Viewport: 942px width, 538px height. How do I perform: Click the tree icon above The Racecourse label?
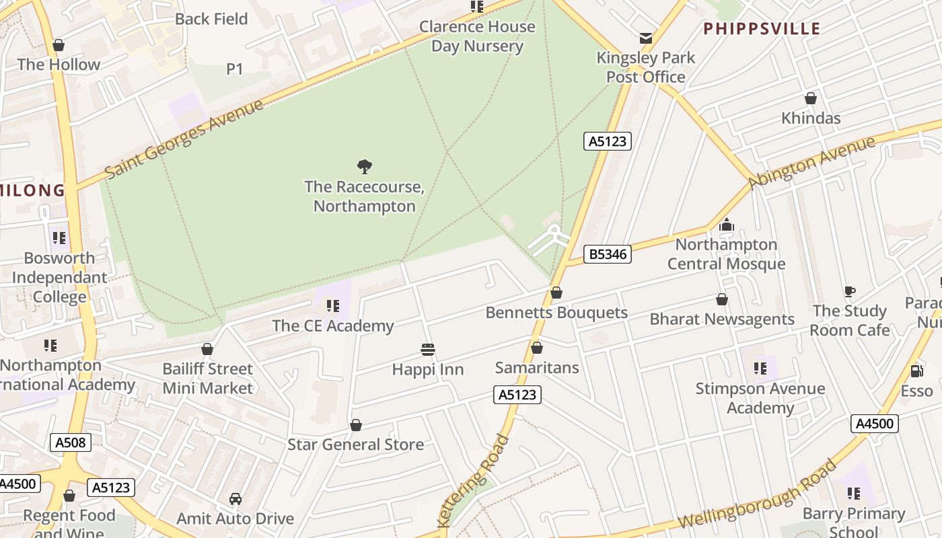(x=365, y=166)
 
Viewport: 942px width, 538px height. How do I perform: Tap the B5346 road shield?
(x=607, y=254)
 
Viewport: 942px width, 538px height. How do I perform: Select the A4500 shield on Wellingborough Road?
(x=875, y=424)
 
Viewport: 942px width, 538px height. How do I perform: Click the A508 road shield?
(x=70, y=442)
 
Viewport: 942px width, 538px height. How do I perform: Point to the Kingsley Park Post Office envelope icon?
(x=646, y=38)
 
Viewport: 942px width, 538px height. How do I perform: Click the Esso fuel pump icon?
(x=916, y=371)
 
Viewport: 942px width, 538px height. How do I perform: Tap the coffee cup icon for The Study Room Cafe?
(x=849, y=291)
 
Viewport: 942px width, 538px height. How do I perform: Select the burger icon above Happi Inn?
(x=427, y=349)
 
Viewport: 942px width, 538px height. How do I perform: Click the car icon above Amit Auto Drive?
(x=235, y=498)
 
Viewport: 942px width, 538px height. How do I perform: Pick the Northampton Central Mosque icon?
(x=726, y=225)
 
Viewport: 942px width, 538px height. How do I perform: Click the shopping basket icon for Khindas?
(x=811, y=98)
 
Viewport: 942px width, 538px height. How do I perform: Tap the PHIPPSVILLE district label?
(x=762, y=28)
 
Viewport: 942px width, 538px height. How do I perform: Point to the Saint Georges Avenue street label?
(x=184, y=139)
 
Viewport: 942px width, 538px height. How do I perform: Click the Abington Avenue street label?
(x=812, y=161)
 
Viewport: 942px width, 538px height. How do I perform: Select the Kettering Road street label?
(x=473, y=482)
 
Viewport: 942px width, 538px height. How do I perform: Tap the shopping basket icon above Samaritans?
(x=536, y=348)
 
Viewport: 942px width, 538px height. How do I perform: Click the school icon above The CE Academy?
(x=332, y=306)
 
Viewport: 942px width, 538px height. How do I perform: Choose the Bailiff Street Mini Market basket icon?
(x=207, y=349)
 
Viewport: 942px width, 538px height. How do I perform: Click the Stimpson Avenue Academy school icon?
(x=760, y=368)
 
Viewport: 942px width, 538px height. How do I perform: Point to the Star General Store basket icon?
(x=356, y=425)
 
